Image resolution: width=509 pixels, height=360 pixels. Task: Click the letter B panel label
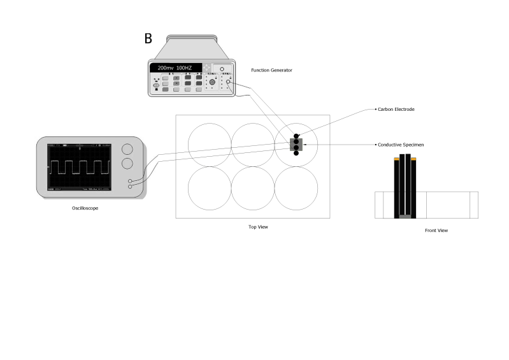[x=148, y=39]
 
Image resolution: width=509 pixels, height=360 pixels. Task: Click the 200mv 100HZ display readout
[x=175, y=68]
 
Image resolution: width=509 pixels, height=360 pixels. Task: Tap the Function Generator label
[x=271, y=70]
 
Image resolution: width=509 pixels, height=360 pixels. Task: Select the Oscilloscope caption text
[x=85, y=208]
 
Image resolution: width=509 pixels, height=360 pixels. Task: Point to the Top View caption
[x=258, y=227]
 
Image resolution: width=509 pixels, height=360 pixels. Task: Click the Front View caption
[x=436, y=231]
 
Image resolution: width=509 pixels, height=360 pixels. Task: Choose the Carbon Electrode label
[x=396, y=110]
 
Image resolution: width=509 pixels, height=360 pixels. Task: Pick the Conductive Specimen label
[x=401, y=145]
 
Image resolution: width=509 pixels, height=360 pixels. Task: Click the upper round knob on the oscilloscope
[x=127, y=148]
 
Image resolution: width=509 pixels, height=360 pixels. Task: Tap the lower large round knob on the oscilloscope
[x=127, y=164]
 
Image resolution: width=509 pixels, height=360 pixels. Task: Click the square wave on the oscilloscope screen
[x=77, y=168]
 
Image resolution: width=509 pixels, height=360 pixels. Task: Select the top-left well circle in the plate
[x=210, y=144]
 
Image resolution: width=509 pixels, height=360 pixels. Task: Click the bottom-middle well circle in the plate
[x=253, y=188]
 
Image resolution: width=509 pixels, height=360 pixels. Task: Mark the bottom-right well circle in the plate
[x=296, y=188]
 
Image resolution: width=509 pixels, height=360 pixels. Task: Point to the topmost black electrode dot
[x=296, y=136]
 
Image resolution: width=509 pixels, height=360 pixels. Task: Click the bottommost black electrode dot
[x=296, y=154]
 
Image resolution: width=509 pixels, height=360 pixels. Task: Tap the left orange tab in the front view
[x=396, y=159]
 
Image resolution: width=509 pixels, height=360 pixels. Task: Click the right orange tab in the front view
[x=413, y=159]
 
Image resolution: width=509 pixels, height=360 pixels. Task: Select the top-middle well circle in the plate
[x=253, y=144]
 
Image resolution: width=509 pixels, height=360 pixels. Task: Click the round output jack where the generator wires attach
[x=228, y=83]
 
